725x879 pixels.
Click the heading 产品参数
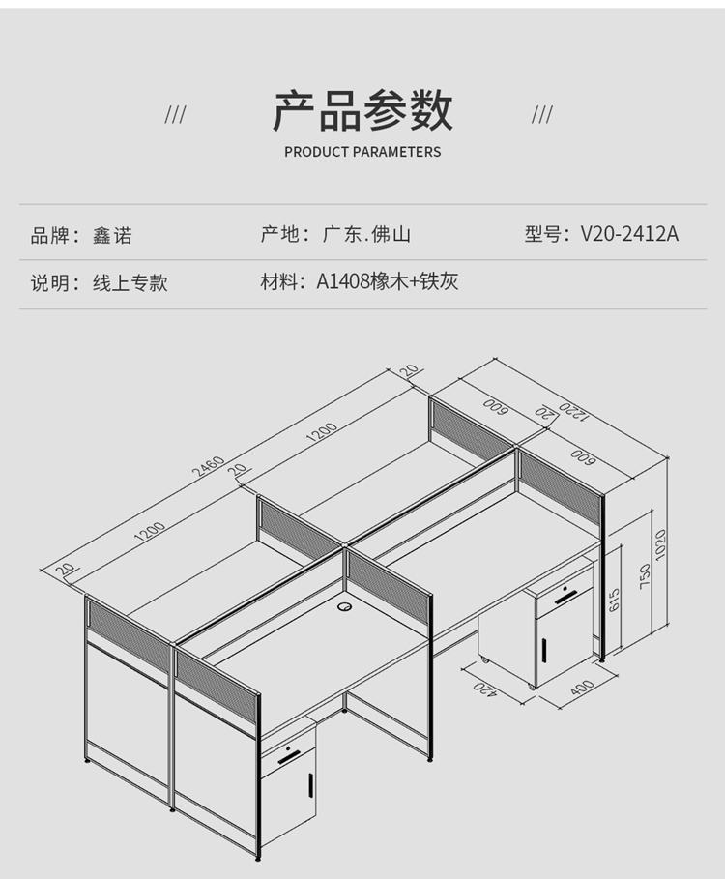(x=362, y=110)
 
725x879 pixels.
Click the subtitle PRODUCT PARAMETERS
(x=362, y=152)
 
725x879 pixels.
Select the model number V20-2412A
(x=629, y=234)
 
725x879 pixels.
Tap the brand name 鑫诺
(x=112, y=235)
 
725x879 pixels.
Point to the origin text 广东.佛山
(x=366, y=234)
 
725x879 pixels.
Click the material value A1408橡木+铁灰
(x=388, y=281)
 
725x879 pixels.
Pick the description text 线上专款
(x=130, y=282)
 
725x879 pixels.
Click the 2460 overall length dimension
(x=208, y=466)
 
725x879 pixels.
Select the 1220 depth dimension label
(x=572, y=412)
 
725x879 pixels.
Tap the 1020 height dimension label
(x=660, y=543)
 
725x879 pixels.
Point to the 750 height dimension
(x=645, y=576)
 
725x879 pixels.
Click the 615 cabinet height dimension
(x=614, y=600)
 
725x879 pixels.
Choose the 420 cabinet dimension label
(x=485, y=689)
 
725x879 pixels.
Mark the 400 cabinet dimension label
(x=582, y=687)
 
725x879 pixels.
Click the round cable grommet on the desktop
(x=345, y=606)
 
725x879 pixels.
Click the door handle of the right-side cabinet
(x=544, y=649)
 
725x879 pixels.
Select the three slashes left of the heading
(x=175, y=115)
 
